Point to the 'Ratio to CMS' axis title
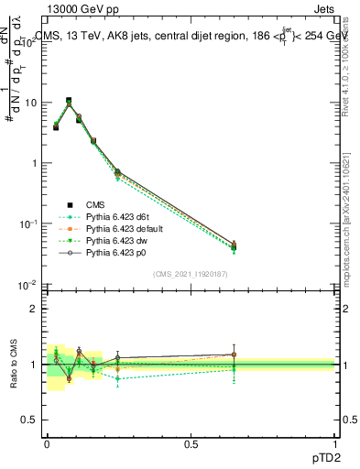click(14, 365)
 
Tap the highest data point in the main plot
click(69, 101)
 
